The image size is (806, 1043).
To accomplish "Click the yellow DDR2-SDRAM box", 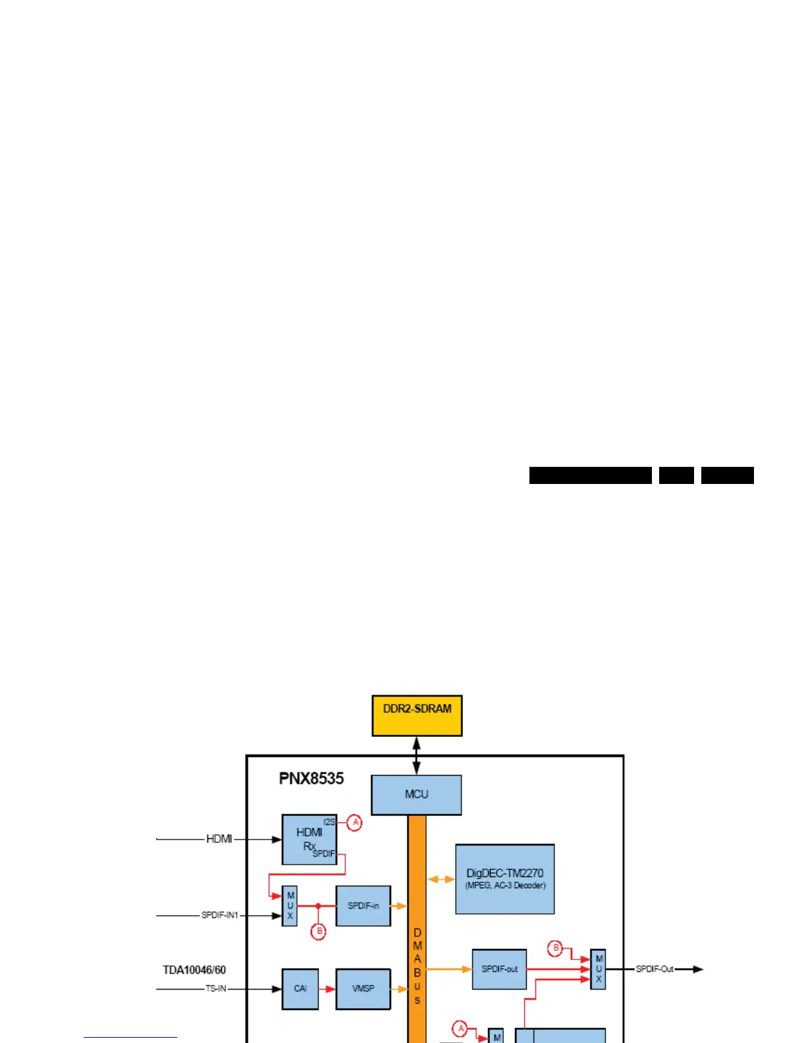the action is [417, 716].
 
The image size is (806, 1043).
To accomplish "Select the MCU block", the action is [416, 795].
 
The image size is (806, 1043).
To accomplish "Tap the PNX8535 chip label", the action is [311, 778].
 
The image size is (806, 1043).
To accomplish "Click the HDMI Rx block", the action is [309, 840].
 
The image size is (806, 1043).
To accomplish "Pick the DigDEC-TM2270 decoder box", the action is [504, 879].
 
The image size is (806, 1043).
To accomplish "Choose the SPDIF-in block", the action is [363, 906].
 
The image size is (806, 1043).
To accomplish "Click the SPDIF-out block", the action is [499, 969].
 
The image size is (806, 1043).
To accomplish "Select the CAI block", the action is [300, 988].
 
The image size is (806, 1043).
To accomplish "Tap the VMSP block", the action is [363, 988].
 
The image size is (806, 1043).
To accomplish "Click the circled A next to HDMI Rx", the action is [355, 822].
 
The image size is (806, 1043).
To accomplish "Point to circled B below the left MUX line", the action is [318, 932].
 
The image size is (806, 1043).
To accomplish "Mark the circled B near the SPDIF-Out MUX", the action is [555, 949].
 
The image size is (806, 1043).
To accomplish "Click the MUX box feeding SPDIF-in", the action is [290, 906].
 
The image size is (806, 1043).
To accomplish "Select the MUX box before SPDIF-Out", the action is [598, 969].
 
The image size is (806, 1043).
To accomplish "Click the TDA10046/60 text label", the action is [194, 970].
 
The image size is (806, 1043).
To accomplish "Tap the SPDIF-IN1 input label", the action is [220, 915].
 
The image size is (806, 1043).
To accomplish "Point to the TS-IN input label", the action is [215, 988].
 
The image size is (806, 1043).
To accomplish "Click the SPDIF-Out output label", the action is [655, 969].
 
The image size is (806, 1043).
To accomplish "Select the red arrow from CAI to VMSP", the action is [327, 988].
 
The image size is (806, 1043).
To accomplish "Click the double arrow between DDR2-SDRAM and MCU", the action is [416, 755].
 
